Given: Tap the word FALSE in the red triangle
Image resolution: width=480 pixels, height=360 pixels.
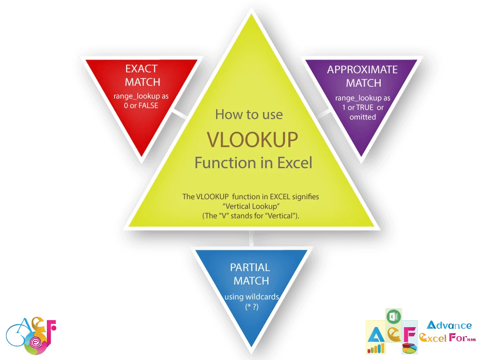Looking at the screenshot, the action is [x=147, y=105].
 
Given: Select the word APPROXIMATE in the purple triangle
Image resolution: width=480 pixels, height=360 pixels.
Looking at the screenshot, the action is [x=362, y=70].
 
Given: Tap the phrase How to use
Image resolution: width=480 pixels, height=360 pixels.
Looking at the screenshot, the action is [x=249, y=114].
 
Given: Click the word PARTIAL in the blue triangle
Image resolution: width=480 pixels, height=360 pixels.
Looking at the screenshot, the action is [x=250, y=268].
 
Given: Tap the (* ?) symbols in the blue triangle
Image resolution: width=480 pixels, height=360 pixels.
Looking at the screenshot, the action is [x=252, y=306].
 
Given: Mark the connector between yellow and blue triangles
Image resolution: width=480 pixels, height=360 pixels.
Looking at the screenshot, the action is [x=252, y=238].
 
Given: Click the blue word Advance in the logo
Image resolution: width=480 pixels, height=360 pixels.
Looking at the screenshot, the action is [x=449, y=325].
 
